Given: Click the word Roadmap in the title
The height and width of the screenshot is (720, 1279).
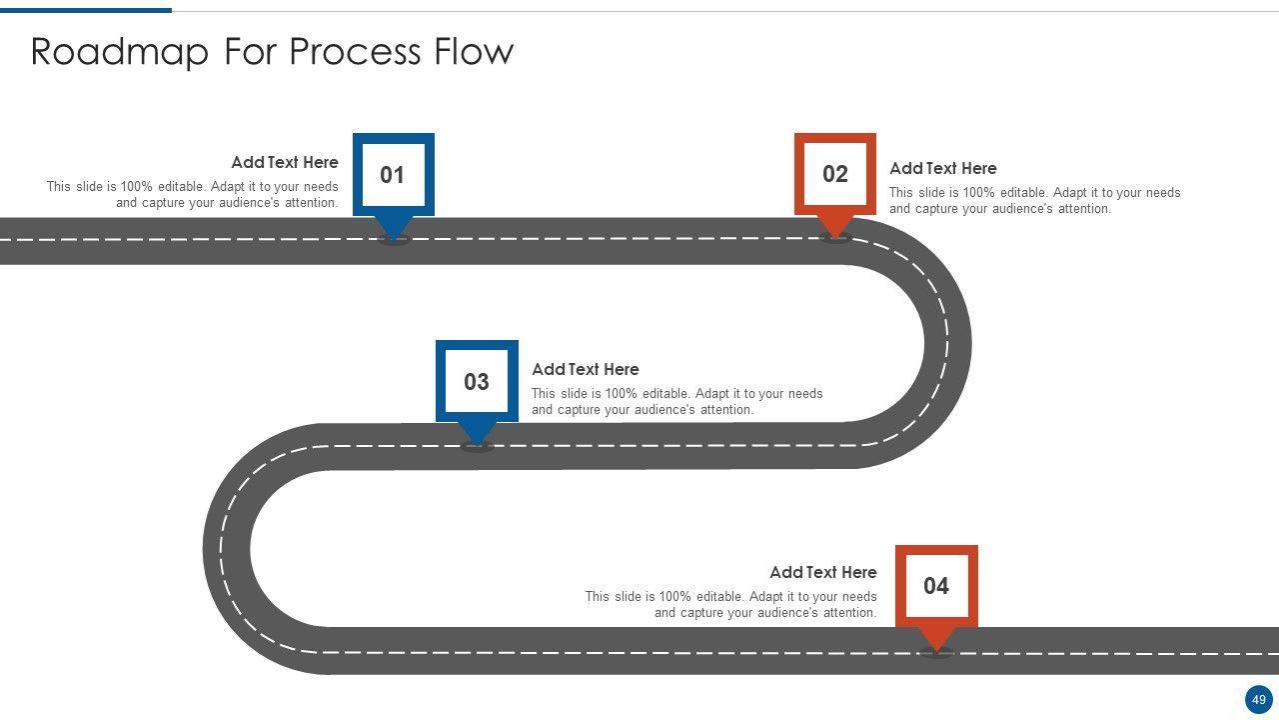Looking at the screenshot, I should (118, 52).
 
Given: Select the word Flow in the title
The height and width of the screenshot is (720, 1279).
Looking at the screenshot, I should (473, 52).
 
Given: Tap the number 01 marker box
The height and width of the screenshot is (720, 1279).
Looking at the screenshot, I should (393, 175).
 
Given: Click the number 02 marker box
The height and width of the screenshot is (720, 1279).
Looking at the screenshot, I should (835, 175).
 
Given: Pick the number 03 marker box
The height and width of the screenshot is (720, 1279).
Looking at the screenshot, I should (477, 382).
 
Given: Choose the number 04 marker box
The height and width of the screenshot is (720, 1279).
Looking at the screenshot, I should (936, 586).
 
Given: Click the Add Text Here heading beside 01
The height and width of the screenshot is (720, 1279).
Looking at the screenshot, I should (285, 162).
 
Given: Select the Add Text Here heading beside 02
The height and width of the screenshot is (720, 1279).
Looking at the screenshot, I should (942, 168).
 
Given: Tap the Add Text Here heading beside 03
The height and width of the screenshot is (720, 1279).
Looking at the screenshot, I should (585, 369).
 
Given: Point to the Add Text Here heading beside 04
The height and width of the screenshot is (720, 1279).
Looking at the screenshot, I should (822, 572).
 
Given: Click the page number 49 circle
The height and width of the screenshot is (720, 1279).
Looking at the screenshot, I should (1259, 700).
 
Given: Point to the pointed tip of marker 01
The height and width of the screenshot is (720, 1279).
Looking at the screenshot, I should (393, 235).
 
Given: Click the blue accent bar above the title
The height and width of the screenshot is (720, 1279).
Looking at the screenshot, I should (86, 10).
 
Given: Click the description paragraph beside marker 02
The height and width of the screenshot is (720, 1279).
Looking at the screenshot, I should (1034, 201).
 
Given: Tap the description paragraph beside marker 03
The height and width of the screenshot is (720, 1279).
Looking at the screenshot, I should (676, 402).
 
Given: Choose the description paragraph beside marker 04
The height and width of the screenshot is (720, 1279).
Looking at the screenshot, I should (730, 605).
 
